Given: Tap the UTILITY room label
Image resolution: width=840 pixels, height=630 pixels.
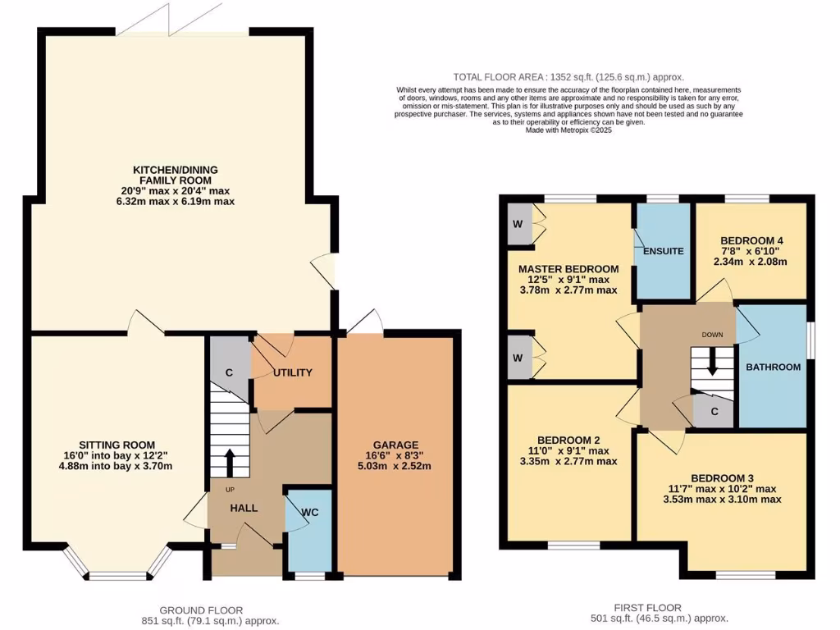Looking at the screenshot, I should click(x=293, y=372).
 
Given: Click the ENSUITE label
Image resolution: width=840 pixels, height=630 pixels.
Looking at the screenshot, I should click(x=664, y=251).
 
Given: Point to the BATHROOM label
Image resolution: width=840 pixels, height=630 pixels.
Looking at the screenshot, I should click(x=773, y=367).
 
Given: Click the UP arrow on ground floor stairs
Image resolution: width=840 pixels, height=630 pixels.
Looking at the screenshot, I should click(x=229, y=463).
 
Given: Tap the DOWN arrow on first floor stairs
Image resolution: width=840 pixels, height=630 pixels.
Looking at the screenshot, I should click(x=712, y=361).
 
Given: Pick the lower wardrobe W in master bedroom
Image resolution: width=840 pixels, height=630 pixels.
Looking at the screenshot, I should click(x=518, y=358).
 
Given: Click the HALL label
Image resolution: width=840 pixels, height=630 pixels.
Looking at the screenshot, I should click(x=244, y=508).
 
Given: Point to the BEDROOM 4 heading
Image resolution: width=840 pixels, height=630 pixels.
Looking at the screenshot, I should click(x=751, y=237).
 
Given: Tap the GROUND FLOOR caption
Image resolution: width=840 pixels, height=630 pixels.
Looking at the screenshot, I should click(x=201, y=609).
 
